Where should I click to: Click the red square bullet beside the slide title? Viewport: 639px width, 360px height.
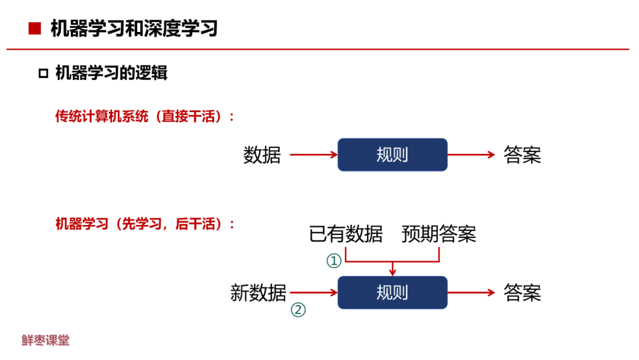click(x=35, y=28)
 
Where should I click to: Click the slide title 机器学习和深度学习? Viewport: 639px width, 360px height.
click(x=134, y=28)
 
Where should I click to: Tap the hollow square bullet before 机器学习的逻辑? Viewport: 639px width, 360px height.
click(x=43, y=73)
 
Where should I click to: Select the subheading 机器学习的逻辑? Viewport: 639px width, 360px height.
click(x=111, y=73)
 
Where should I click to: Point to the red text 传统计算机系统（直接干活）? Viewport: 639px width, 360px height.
click(x=145, y=116)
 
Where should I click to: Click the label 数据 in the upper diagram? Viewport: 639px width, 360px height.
click(x=262, y=155)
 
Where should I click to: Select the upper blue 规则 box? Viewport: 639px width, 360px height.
click(x=392, y=155)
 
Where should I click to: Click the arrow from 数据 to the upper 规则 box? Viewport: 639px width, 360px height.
click(x=313, y=155)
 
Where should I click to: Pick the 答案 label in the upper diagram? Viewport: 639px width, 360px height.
click(x=522, y=155)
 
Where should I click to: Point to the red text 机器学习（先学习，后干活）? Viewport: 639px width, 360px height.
click(x=145, y=224)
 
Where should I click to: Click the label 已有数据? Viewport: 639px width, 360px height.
click(x=346, y=234)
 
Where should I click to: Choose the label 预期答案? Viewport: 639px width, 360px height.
click(x=439, y=234)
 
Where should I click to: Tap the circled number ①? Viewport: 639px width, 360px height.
click(x=335, y=261)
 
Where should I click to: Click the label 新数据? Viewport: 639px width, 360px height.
click(x=259, y=292)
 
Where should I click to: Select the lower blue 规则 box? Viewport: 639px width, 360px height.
click(x=392, y=292)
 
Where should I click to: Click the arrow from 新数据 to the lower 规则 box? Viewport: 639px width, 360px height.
click(x=313, y=292)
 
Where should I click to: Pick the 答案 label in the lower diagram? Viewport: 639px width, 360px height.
click(x=522, y=292)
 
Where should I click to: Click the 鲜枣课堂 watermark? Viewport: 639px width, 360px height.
click(x=46, y=340)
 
